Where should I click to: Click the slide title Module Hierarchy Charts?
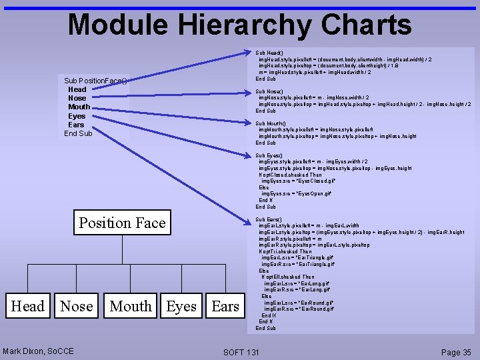pos(240,25)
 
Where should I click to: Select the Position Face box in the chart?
pos(122,223)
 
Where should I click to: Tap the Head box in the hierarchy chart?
pos(27,306)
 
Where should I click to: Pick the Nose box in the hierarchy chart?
pos(77,306)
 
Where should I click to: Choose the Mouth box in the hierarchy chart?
pos(131,306)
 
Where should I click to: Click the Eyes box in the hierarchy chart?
pos(181,306)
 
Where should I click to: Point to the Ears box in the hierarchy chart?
pos(225,306)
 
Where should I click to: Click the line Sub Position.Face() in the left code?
pos(95,81)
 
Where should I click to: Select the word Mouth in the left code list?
pos(79,107)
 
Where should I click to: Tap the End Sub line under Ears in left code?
pos(78,133)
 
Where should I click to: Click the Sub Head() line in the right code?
pos(269,53)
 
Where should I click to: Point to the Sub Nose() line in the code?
pos(269,91)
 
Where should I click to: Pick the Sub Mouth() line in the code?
pos(270,123)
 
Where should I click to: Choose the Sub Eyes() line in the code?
pos(269,155)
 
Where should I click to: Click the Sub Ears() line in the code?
pos(269,219)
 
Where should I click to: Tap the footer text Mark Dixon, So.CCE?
pos(38,351)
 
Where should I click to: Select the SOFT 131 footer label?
pos(241,352)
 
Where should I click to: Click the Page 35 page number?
pos(456,352)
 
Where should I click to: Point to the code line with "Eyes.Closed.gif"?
pos(298,181)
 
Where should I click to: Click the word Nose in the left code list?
pos(77,98)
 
